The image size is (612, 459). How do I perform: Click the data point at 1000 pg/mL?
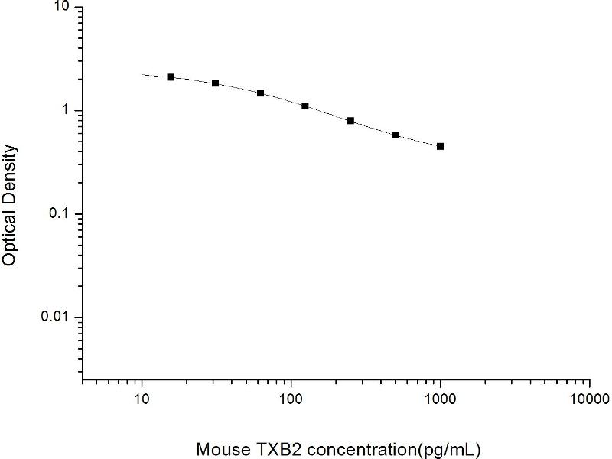coord(440,146)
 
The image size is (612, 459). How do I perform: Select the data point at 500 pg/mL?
coord(395,135)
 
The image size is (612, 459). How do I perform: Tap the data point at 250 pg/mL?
coord(350,121)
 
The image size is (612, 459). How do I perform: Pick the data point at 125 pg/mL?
coord(305,106)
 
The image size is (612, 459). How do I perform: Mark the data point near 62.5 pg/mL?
coord(260,93)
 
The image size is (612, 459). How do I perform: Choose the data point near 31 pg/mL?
coord(216,83)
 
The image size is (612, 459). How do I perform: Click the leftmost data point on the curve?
coord(171,77)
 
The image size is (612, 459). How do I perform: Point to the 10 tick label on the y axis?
coord(62,8)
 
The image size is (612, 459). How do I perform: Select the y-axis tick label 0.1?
coord(61,214)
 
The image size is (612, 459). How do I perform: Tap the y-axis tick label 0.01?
coord(57,317)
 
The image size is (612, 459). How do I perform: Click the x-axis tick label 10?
coord(142,399)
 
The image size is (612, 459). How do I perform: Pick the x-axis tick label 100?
coord(291,399)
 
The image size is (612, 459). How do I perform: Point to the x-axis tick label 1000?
coord(440,399)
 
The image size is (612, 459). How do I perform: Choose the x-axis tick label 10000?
coord(589,399)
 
